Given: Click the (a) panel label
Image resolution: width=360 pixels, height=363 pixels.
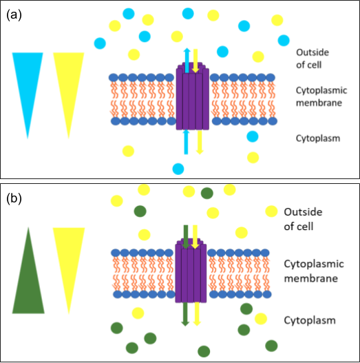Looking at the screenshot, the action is point(14,15).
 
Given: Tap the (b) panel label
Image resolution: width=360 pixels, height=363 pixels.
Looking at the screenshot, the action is point(14,198).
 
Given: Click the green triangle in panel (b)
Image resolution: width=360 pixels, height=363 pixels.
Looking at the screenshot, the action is point(28,278).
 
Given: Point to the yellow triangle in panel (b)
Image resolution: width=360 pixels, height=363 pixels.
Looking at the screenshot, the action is point(69,264).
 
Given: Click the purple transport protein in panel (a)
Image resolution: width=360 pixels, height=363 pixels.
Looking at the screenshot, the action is point(193,96).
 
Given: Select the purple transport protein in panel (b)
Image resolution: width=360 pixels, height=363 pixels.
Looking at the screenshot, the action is point(191,271).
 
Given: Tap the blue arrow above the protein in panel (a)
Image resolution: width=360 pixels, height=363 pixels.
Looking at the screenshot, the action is point(187,61).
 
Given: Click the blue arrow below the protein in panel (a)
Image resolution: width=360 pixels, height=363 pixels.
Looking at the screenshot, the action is point(186,142).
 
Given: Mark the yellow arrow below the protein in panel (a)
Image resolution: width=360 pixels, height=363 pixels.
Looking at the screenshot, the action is point(200,142).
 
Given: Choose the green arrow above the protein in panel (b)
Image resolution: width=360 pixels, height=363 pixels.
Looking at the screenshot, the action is point(186,236).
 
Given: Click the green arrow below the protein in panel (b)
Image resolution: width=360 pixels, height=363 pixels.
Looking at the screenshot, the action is point(185,314).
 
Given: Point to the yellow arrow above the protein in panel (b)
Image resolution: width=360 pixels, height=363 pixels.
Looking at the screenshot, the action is point(195,236).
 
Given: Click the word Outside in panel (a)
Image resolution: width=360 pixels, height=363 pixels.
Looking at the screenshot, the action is point(313,52).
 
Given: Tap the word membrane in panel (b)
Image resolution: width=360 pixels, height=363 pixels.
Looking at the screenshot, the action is point(310,278).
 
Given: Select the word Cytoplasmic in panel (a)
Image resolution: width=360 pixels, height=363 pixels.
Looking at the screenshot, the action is point(321,90).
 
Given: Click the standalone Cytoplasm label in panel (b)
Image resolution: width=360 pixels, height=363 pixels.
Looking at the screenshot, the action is point(310,321).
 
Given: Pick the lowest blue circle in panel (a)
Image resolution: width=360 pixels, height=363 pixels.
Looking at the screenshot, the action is point(178,169).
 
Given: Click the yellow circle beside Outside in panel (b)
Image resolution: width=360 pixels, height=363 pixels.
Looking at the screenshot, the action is point(271,211).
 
